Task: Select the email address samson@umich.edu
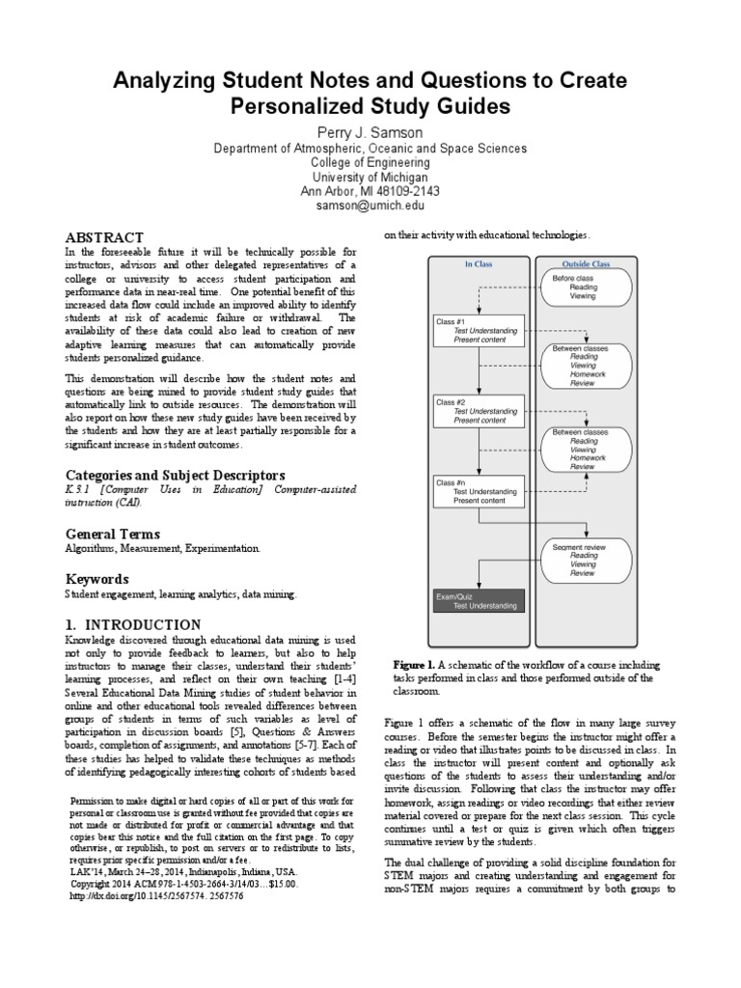(370, 206)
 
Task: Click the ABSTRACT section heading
(104, 237)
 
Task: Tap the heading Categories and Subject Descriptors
(175, 476)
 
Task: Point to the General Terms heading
(112, 534)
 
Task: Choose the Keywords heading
(96, 579)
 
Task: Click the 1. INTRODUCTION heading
(133, 624)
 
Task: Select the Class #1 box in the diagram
(479, 330)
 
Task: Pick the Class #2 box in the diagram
(479, 411)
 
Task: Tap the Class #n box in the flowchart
(479, 491)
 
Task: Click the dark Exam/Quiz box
(479, 600)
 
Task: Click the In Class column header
(479, 263)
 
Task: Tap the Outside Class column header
(587, 263)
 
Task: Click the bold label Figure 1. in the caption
(415, 666)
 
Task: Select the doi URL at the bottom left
(156, 896)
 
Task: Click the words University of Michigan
(370, 177)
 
